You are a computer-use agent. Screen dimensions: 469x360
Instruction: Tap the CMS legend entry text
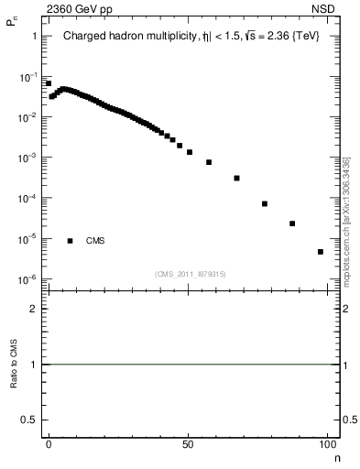(95, 241)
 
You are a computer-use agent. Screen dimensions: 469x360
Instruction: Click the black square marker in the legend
(70, 241)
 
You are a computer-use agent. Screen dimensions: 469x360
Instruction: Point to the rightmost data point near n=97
(320, 251)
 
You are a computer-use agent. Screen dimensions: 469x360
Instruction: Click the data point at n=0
(49, 83)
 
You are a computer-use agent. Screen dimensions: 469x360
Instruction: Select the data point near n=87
(292, 223)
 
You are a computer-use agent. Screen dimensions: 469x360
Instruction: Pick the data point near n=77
(265, 203)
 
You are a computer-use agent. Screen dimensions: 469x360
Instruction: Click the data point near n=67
(236, 178)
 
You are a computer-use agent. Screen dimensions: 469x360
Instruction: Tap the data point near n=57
(209, 162)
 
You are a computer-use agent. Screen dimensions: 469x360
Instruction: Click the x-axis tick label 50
(188, 442)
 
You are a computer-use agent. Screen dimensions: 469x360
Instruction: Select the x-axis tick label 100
(326, 442)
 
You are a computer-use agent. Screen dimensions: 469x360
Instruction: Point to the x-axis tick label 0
(49, 442)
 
